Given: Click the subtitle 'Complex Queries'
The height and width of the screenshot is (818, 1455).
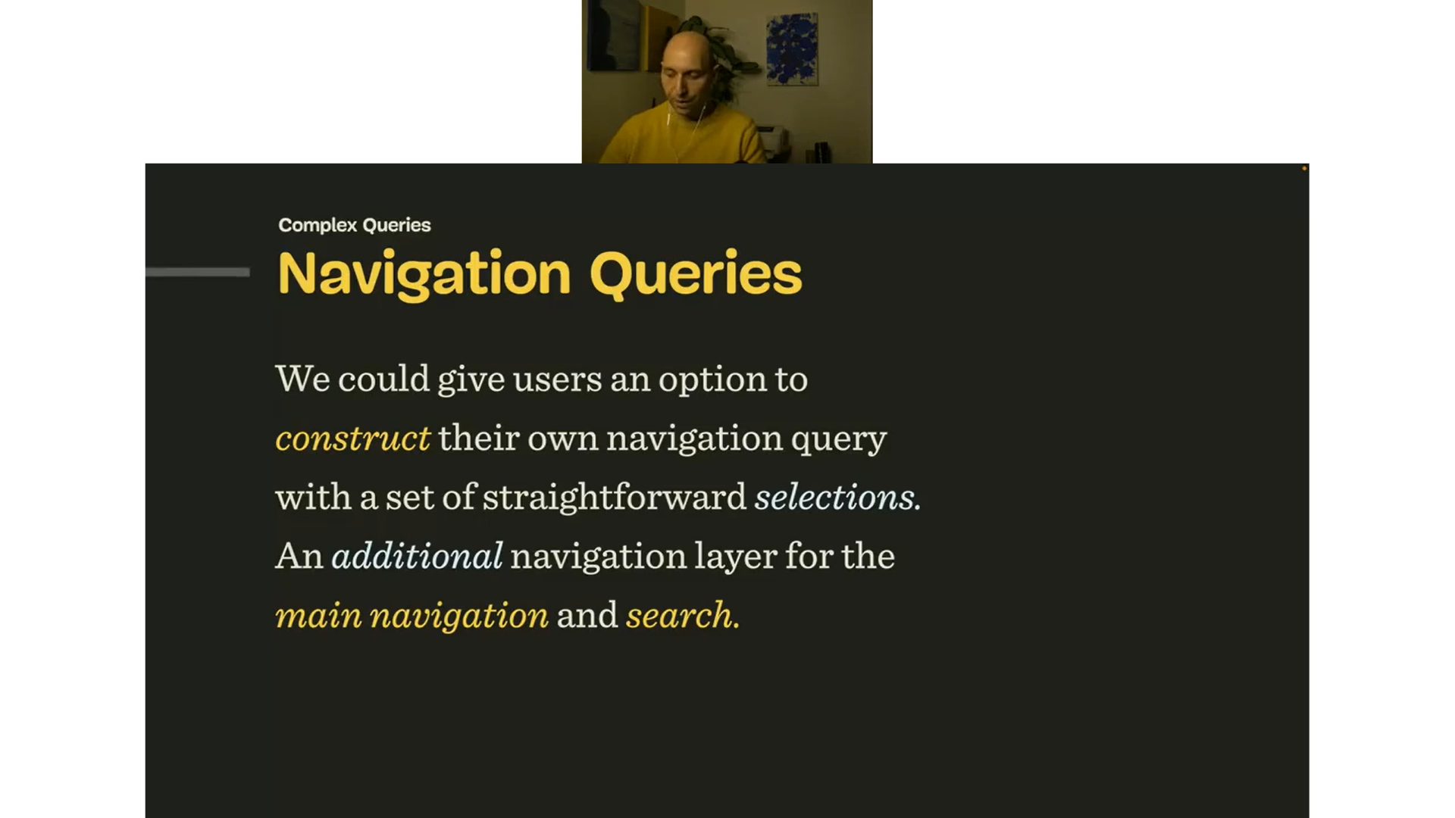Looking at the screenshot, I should [354, 225].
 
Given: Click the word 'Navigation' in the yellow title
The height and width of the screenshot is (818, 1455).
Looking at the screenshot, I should [424, 274].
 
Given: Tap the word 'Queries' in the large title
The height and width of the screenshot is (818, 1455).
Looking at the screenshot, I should [695, 274].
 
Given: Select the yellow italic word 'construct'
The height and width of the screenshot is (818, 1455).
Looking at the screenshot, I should [352, 439].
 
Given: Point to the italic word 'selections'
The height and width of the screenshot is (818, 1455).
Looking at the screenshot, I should [836, 498].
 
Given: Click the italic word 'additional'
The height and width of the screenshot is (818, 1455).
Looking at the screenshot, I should [417, 556].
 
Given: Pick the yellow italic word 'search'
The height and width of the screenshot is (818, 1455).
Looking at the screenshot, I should [681, 615].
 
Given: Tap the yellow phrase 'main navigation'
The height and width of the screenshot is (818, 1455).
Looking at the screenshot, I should [411, 615].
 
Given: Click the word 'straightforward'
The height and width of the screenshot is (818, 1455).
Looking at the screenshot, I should [614, 498].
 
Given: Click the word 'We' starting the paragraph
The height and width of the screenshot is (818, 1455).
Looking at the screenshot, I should [302, 379].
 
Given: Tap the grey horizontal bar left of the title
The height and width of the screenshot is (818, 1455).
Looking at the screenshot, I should [197, 272].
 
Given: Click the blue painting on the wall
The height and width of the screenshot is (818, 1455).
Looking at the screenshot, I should [792, 48].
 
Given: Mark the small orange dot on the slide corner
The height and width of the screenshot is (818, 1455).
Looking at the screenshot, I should [1304, 168].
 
